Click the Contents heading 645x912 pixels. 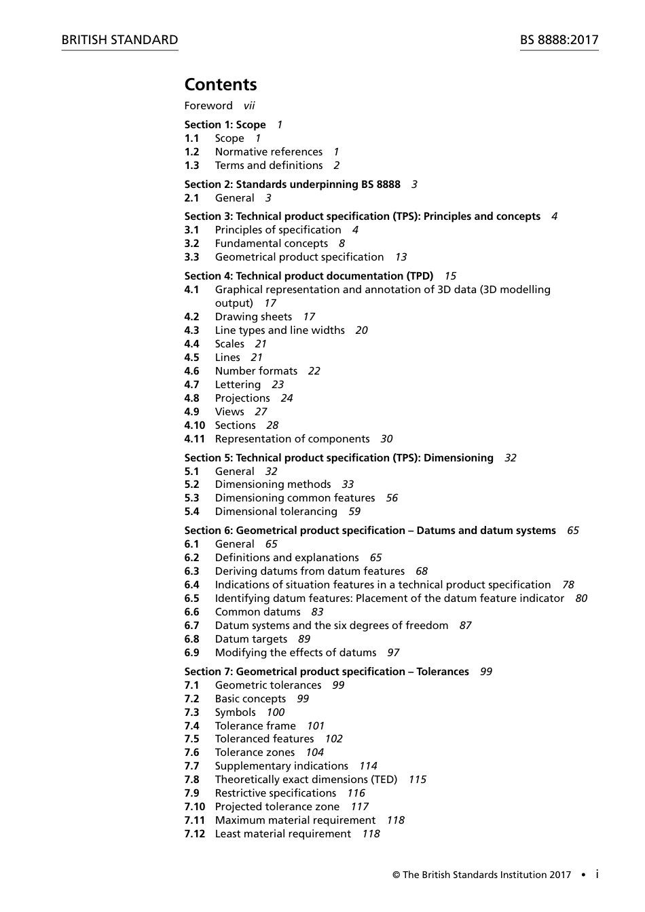[221, 85]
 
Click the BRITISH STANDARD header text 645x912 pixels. [119, 40]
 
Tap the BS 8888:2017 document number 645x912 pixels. [559, 40]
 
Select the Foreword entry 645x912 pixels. [208, 106]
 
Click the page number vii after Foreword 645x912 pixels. [249, 106]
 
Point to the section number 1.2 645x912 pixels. [191, 152]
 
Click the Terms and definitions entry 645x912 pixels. [269, 166]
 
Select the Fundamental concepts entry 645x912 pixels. [272, 244]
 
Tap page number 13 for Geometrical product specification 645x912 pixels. [401, 257]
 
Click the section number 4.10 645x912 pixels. [194, 425]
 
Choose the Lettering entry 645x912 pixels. [238, 385]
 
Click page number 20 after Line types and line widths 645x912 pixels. [361, 330]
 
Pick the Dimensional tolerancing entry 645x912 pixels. [276, 512]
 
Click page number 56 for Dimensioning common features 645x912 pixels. [392, 498]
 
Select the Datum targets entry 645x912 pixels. [251, 639]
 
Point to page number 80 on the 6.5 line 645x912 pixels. [581, 598]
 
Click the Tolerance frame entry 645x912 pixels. [255, 726]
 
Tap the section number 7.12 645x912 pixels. [194, 834]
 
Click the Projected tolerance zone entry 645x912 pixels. [277, 807]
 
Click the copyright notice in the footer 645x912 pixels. [481, 875]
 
